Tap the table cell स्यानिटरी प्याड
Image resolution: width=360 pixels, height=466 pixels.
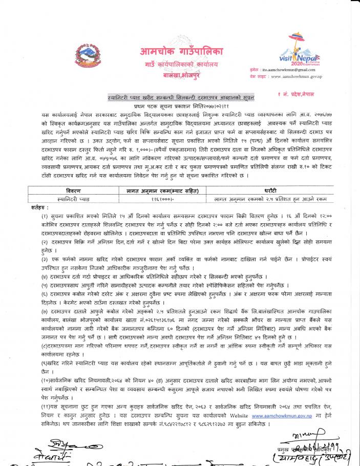click(x=67, y=197)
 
